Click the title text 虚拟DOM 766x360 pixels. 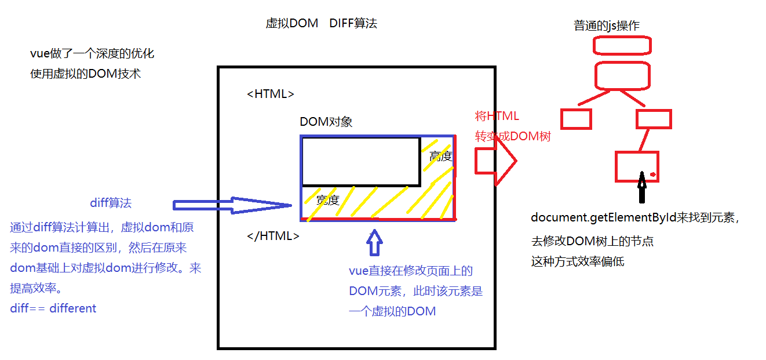coord(291,23)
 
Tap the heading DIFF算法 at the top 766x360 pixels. coord(353,23)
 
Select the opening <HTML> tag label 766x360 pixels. coord(270,94)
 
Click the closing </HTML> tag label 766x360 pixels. coord(273,236)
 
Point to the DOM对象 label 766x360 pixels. coord(326,122)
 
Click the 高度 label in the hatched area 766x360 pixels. coord(440,157)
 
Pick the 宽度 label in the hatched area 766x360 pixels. coord(327,201)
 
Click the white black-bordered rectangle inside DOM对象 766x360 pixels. coord(360,161)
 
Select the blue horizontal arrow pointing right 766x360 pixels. coord(232,205)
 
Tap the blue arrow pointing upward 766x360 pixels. coord(374,243)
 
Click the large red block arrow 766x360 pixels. coord(495,161)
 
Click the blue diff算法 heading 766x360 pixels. coord(111,203)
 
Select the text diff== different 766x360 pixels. coord(53,308)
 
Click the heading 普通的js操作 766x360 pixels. coord(607,26)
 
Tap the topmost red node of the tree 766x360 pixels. coord(622,45)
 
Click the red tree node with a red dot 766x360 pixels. coord(637,166)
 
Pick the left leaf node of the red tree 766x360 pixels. coord(576,119)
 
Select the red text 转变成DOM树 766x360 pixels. coord(513,137)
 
